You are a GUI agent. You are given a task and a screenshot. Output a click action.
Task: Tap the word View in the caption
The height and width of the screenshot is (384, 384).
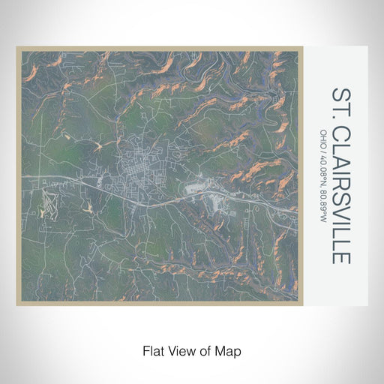point(181,350)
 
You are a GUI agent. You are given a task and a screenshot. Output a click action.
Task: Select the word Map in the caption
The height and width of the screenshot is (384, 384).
point(231,350)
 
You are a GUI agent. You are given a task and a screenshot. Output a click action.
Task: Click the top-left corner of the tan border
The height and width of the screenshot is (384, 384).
point(17,48)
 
